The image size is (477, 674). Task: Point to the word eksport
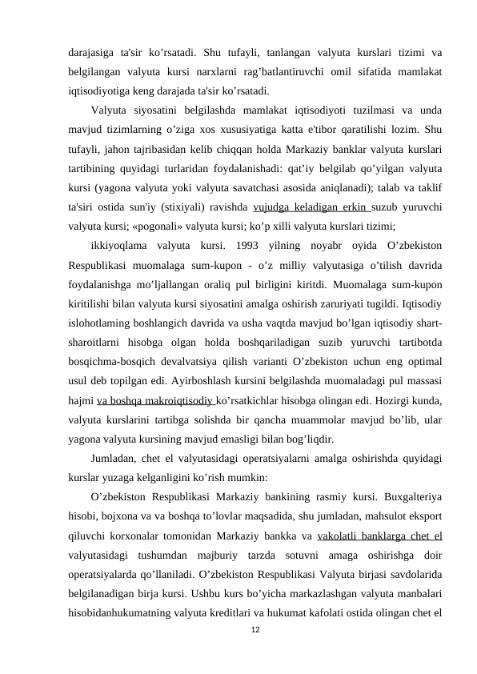point(425,516)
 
